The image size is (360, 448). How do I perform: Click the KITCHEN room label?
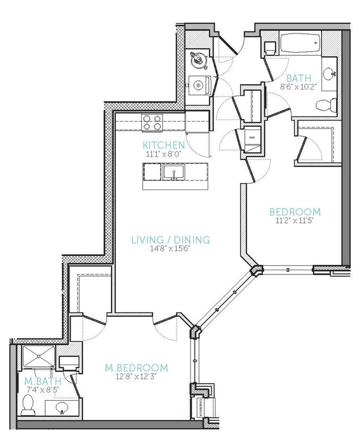(164, 145)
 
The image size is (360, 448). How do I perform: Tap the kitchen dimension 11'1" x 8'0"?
(164, 154)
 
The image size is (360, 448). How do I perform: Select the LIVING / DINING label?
(170, 239)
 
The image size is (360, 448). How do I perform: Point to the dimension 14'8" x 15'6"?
(170, 249)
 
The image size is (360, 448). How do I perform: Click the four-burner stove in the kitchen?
(153, 123)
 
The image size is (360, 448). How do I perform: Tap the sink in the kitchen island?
(173, 172)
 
